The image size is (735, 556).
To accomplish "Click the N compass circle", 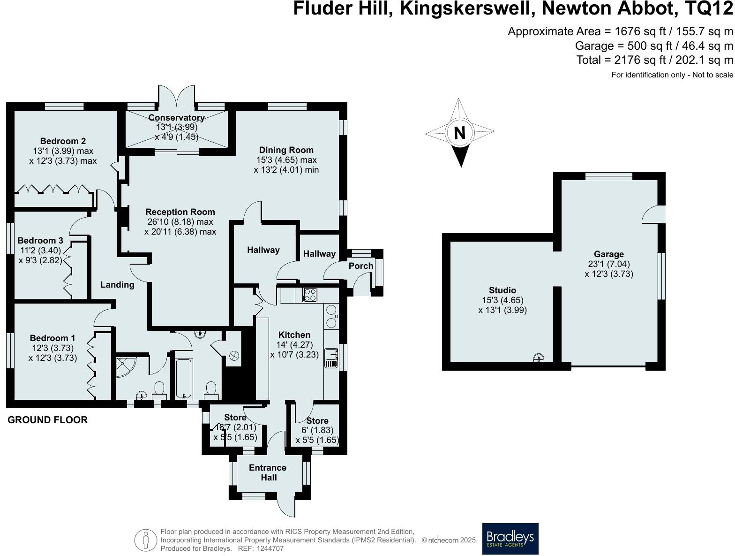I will click(460, 133).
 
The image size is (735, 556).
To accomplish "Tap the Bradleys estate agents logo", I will click(510, 539).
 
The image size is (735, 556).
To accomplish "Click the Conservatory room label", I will click(177, 118).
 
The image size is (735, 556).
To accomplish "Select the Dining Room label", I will click(286, 150).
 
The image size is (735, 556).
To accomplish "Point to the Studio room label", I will click(502, 290).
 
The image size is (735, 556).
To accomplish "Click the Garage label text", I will click(609, 254).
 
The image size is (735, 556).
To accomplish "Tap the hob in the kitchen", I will click(310, 295).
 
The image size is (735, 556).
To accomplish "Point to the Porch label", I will click(361, 266).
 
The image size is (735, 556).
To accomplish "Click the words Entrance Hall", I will click(268, 472).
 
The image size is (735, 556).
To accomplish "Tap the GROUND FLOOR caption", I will click(48, 420).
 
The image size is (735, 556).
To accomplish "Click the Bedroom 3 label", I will click(41, 241).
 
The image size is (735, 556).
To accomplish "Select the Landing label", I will click(117, 284).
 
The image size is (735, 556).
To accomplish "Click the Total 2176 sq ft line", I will click(654, 60).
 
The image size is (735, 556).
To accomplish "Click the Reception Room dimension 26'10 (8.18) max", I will click(180, 222).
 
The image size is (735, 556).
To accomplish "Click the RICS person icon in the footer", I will click(146, 540).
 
